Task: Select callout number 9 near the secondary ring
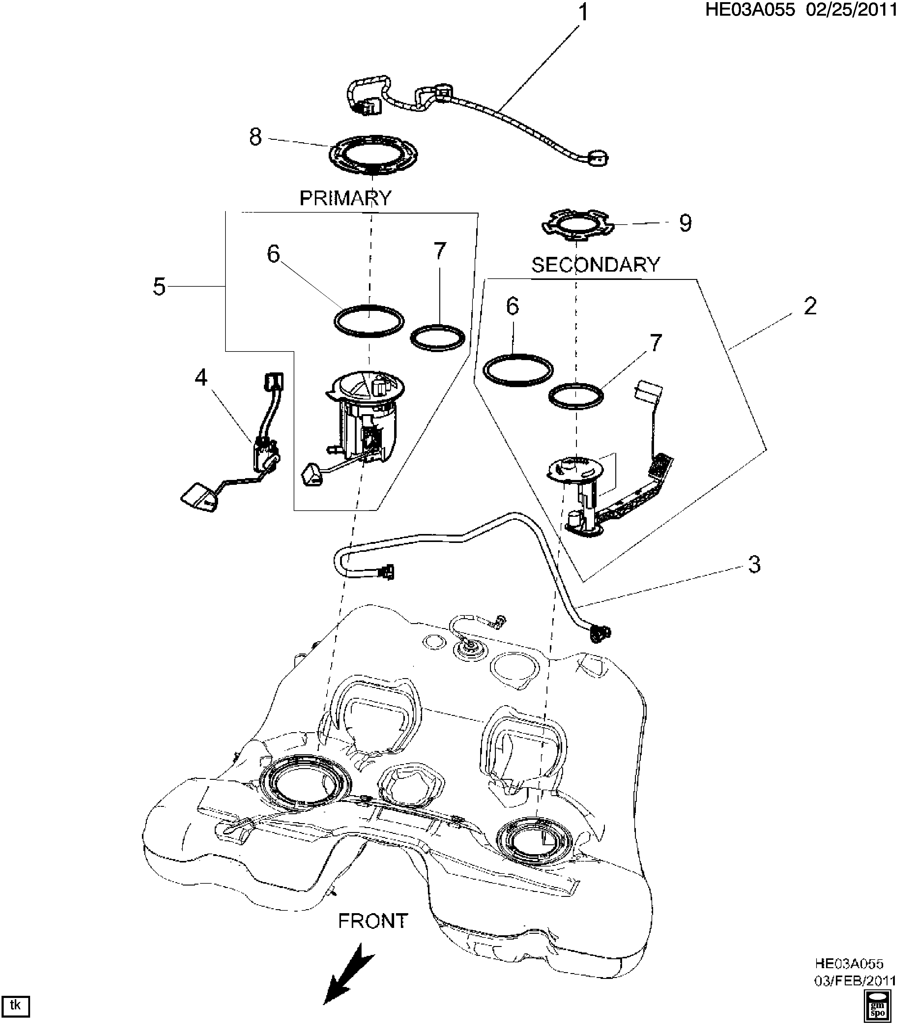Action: click(x=685, y=223)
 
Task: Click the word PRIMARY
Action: click(x=345, y=198)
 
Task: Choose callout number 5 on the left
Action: click(x=159, y=287)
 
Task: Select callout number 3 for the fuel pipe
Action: click(x=754, y=564)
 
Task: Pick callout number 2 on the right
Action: click(x=810, y=306)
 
